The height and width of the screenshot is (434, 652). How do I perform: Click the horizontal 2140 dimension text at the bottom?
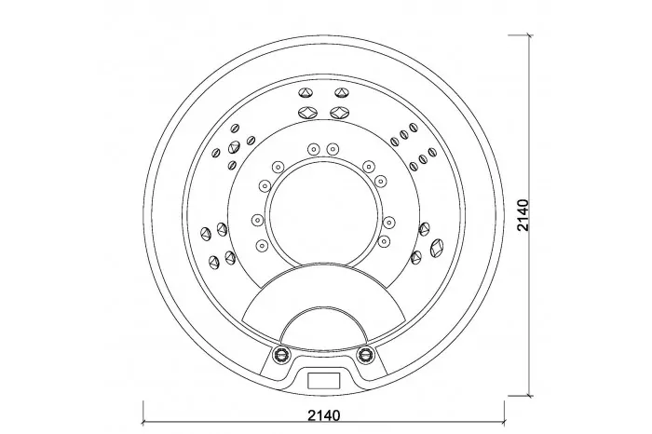tap(324, 414)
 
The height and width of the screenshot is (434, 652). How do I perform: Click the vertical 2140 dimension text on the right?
tap(523, 215)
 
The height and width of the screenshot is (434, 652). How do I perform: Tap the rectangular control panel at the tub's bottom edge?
tap(324, 380)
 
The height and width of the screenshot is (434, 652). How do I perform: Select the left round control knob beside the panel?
tap(281, 354)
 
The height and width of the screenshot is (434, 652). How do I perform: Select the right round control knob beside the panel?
tap(365, 354)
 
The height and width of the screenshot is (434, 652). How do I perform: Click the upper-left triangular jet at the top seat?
tap(306, 93)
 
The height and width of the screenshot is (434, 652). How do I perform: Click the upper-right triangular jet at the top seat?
tap(342, 93)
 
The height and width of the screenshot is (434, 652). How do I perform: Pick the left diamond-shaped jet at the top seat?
tap(307, 113)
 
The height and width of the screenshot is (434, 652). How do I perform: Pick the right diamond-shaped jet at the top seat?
tap(340, 113)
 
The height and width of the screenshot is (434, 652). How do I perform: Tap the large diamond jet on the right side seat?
tap(437, 247)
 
